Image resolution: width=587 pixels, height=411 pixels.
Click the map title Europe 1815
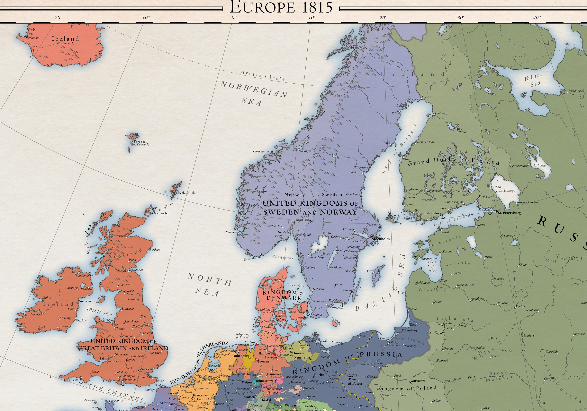point(281,7)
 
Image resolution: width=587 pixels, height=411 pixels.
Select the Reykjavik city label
point(32,38)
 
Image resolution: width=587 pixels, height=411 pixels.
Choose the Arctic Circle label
point(263,76)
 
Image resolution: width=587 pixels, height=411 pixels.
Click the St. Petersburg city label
point(510,213)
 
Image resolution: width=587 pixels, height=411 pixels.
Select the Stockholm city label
point(381,239)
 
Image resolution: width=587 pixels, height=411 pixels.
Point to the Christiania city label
point(303,220)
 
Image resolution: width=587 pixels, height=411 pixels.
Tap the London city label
point(145,369)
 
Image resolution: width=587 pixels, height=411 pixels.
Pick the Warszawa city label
point(418,381)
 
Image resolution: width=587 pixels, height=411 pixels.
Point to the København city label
point(297,312)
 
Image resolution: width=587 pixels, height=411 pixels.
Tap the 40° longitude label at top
point(537,18)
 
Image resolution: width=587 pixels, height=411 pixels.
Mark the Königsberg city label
point(409,330)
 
